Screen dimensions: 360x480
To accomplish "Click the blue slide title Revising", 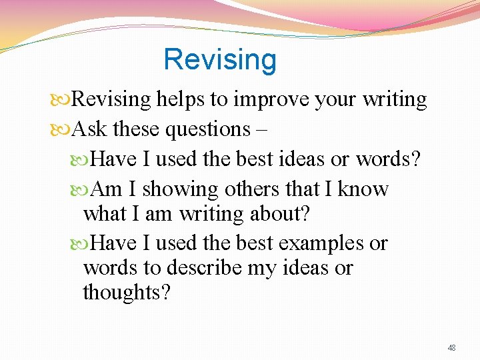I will point(219,59).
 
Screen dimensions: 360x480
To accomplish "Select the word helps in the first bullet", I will point(181,100).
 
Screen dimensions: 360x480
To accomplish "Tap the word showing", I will point(180,190).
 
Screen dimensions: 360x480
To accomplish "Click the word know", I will point(363,189).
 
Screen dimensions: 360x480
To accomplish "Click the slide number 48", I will point(451,348).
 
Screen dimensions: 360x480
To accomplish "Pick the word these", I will point(137,129).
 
